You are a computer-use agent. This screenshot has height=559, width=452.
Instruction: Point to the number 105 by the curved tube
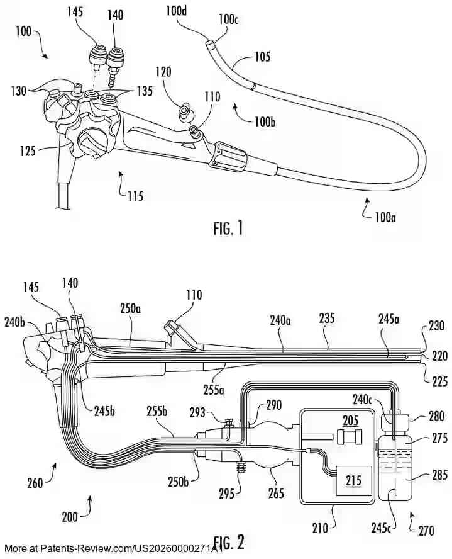tap(263, 57)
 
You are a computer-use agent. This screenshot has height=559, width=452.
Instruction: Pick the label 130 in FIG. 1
tap(18, 91)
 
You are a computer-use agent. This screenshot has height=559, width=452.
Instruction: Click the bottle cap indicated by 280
tap(396, 417)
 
